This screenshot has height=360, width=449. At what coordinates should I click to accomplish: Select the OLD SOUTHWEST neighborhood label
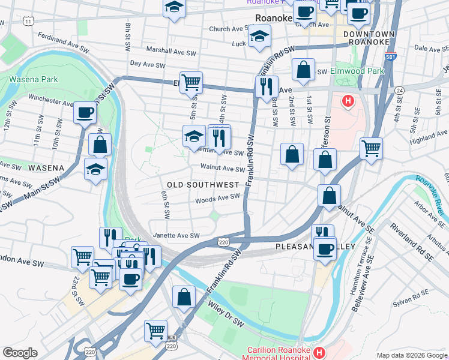pos(203,185)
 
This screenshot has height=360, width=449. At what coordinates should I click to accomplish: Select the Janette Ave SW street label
pos(176,236)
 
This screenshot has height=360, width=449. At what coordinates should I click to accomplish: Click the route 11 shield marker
pos(28,22)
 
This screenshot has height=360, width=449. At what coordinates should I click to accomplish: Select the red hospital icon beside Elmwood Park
pos(347,101)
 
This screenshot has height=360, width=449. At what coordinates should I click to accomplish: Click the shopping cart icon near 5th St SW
pos(191,82)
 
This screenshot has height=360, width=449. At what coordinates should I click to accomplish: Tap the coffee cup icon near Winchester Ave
pos(85,112)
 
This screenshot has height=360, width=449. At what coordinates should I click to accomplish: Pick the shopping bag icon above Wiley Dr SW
pos(184,296)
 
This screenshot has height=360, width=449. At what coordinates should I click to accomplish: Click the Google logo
pos(20,353)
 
